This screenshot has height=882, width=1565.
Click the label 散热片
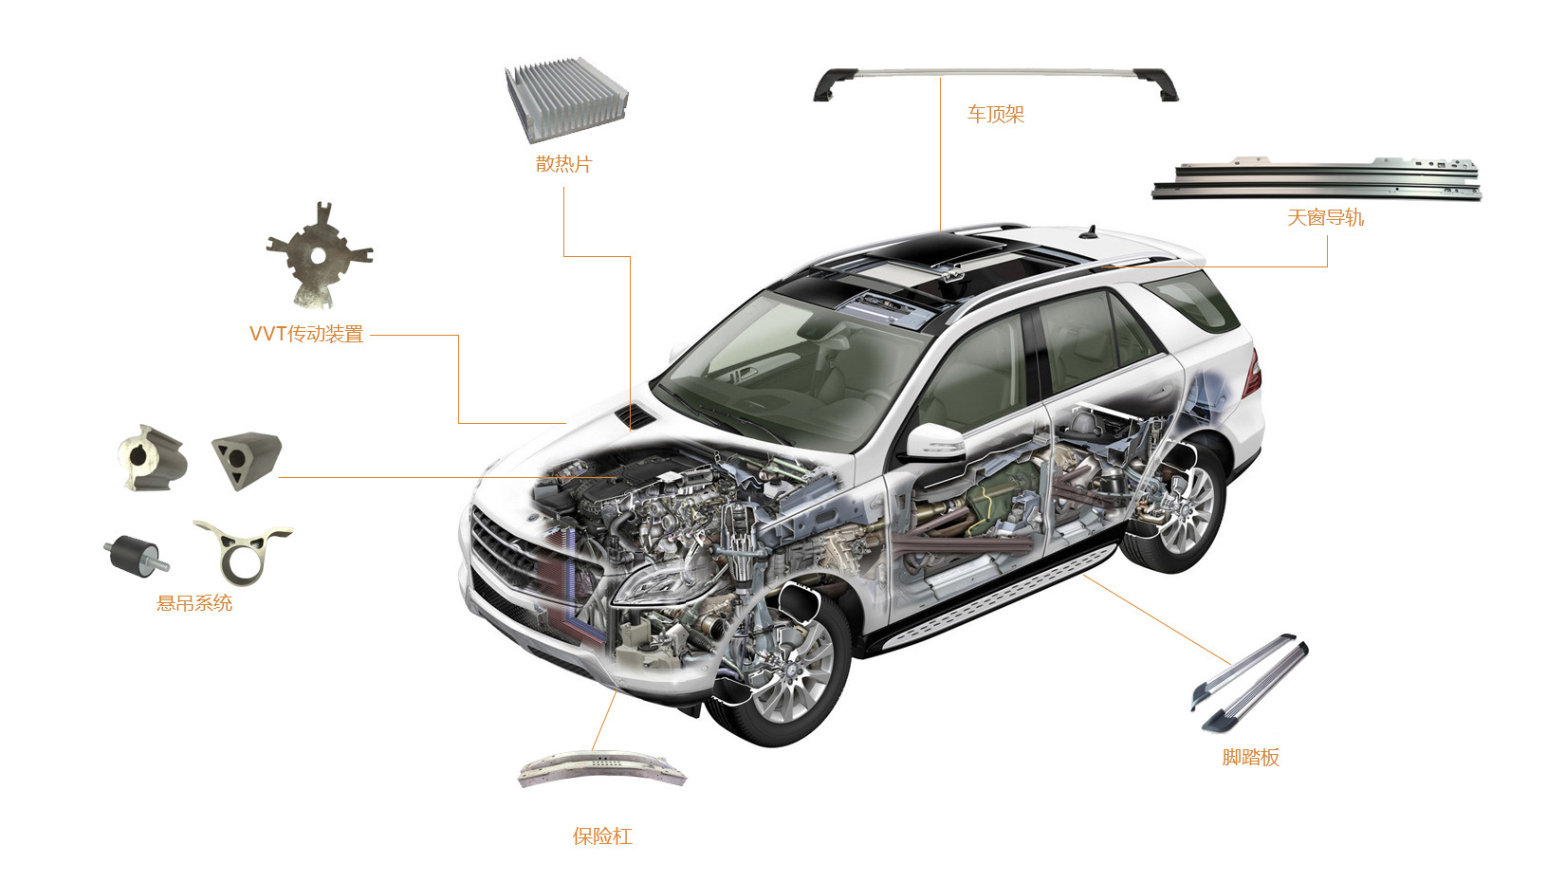(x=563, y=164)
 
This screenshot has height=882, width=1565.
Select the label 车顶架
(x=996, y=115)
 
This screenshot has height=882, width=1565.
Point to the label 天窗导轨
(x=1325, y=217)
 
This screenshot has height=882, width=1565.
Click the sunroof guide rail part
(x=1316, y=179)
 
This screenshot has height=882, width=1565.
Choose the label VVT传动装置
(x=306, y=334)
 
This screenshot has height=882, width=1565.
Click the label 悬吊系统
(x=194, y=603)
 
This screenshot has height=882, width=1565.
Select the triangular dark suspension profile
(x=246, y=458)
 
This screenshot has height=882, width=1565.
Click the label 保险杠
(x=602, y=836)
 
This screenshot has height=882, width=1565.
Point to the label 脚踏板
(x=1250, y=757)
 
